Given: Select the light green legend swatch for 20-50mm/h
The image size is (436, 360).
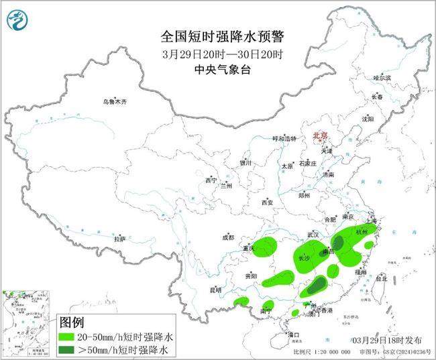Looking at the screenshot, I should point(70,337).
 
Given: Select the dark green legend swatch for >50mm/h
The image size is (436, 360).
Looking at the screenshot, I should point(70,350).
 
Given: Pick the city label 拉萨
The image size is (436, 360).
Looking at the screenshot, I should point(119,239).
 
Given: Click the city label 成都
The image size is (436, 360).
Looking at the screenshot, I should point(227,237).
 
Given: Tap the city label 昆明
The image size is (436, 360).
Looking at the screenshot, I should point(215,290).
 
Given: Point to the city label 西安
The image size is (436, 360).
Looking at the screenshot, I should point(268,202).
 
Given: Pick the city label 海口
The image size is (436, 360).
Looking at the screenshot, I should point(292,334).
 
